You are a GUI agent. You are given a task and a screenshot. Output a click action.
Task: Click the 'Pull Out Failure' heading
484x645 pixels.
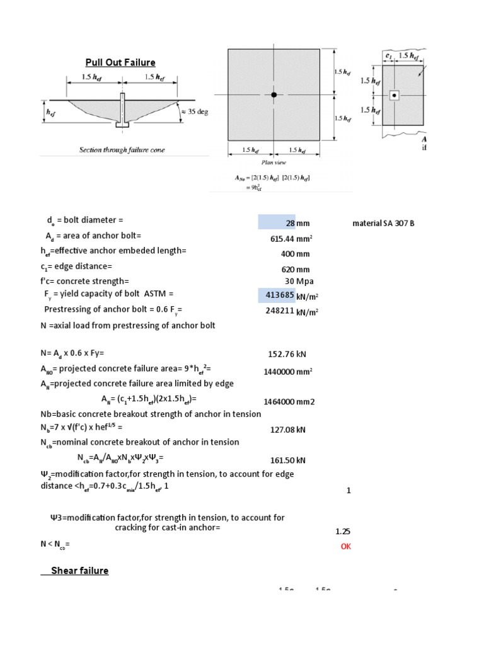pyautogui.click(x=120, y=62)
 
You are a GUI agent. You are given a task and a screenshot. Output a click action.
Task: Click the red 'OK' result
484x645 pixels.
pyautogui.click(x=345, y=547)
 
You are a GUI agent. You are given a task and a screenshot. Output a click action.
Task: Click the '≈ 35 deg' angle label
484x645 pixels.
pyautogui.click(x=194, y=112)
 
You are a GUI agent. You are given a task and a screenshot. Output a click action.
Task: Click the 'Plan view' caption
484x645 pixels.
pyautogui.click(x=273, y=161)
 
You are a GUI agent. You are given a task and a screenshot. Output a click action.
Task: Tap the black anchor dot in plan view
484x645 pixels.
pyautogui.click(x=274, y=94)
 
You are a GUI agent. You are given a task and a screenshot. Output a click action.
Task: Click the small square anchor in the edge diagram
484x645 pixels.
pyautogui.click(x=394, y=96)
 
